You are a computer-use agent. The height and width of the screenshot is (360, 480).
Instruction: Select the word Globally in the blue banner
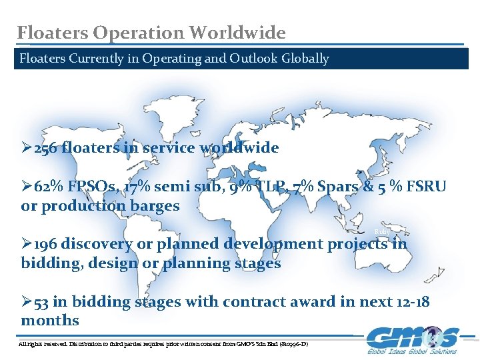point(303,59)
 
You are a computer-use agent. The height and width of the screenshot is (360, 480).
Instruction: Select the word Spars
point(338,187)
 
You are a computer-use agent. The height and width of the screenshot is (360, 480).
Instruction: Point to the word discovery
point(97,244)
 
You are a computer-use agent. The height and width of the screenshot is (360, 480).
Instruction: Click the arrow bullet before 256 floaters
point(27,148)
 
